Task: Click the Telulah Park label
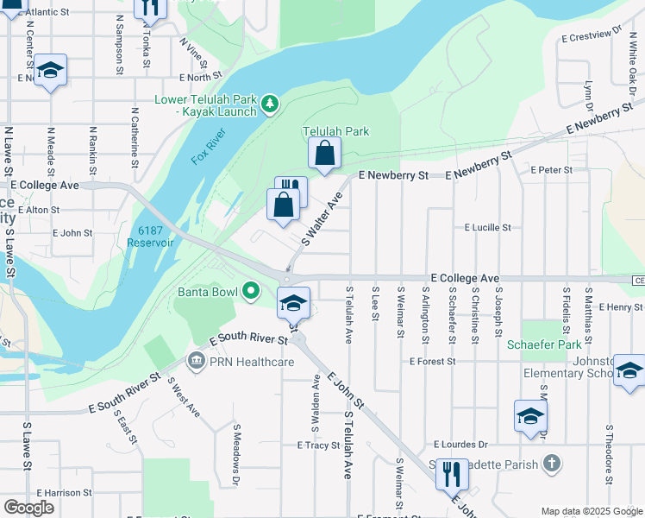335,131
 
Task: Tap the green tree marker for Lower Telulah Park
270,104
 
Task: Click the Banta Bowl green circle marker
250,291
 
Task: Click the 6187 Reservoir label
155,236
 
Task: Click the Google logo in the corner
28,508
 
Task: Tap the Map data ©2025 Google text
591,511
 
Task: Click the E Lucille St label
487,228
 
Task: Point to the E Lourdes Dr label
460,444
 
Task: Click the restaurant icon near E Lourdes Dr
451,474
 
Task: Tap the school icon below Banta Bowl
293,302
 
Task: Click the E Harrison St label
64,492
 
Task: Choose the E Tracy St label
319,445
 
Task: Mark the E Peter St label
552,170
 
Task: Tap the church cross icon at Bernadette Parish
552,464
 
